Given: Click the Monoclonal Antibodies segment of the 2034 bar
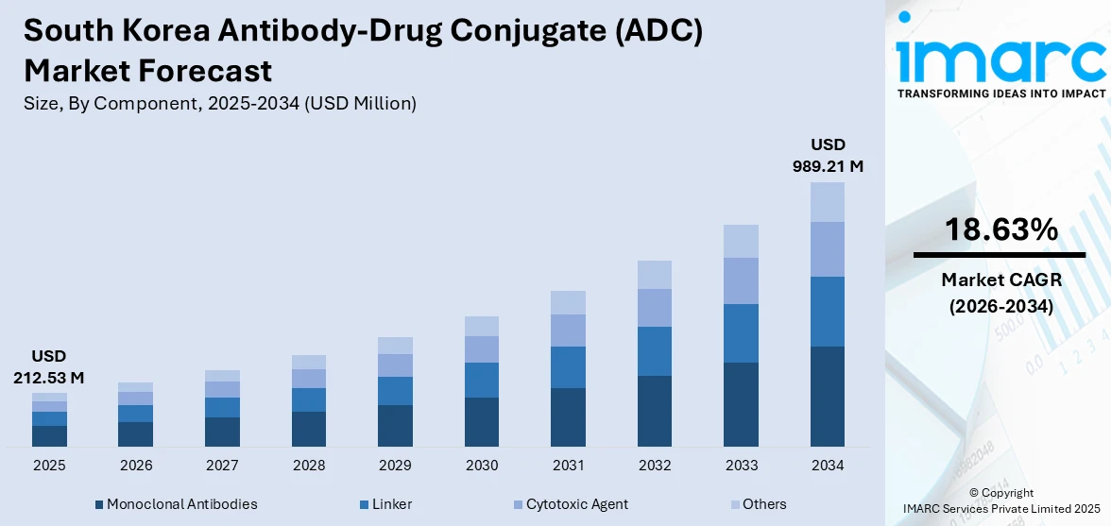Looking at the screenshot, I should click(x=828, y=396).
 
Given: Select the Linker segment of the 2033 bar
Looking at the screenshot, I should click(x=741, y=332).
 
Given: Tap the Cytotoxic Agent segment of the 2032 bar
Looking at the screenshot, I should click(x=654, y=307).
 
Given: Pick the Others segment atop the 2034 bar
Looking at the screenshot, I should click(x=828, y=201).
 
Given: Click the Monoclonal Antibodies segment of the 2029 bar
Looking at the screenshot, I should click(x=395, y=425).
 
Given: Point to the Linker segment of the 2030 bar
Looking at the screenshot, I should click(x=482, y=380).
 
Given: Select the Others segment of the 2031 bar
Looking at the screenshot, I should click(x=568, y=302).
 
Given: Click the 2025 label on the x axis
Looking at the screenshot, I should click(x=49, y=466).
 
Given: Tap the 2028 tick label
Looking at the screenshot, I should click(x=309, y=466).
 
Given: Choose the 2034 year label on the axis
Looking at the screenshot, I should click(x=828, y=466).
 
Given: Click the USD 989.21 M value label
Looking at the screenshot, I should click(x=828, y=155).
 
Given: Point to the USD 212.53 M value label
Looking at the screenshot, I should click(x=49, y=366).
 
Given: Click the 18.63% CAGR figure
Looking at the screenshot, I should click(x=1000, y=229).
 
